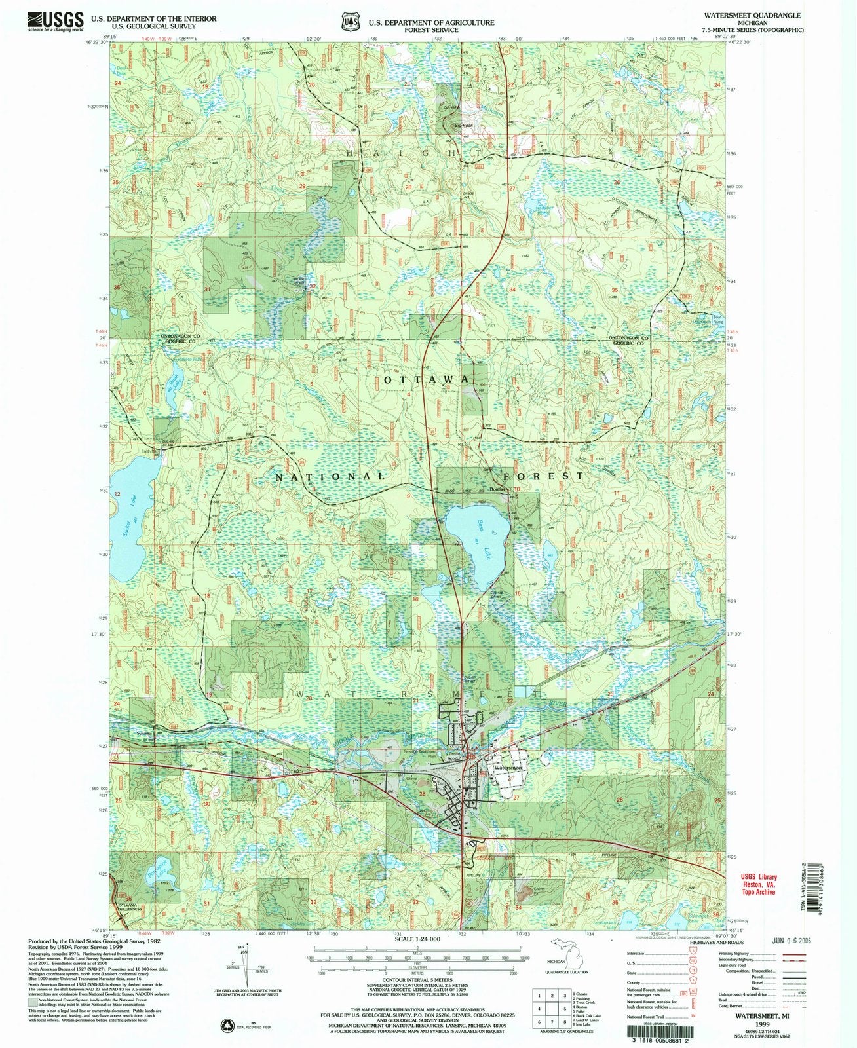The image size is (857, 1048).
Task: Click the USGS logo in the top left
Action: click(x=56, y=22)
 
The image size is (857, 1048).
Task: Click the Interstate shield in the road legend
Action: click(x=693, y=954)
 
